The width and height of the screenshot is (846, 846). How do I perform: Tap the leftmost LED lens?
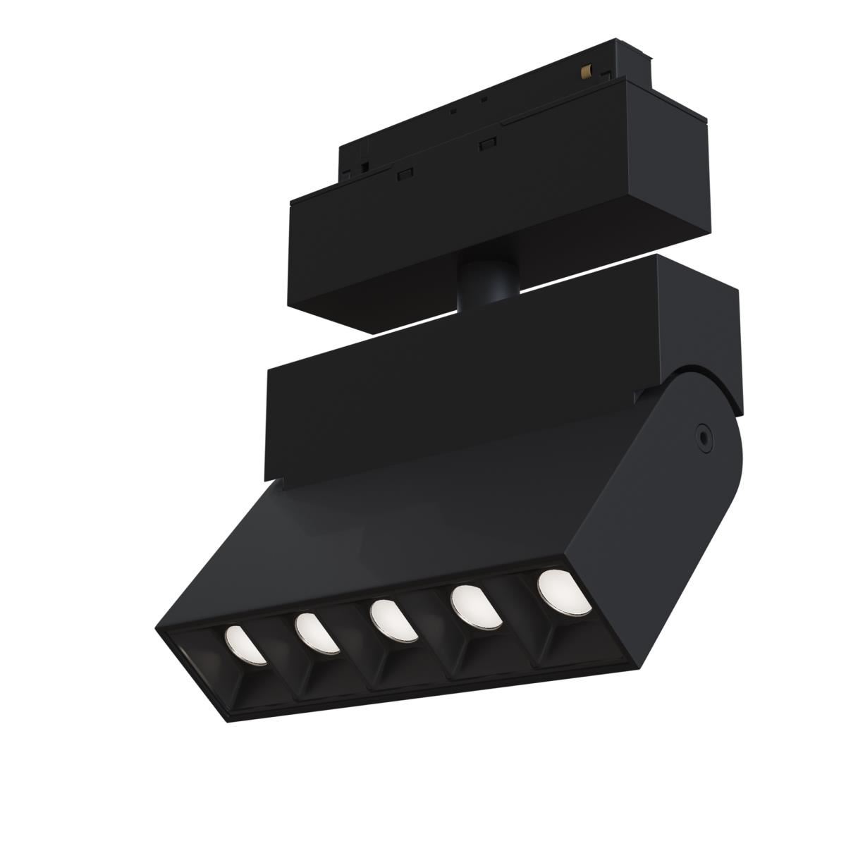coord(243,644)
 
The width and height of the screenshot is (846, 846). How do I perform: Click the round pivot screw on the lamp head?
coord(703,436)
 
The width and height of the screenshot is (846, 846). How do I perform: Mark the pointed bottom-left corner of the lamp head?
coord(160,629)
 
